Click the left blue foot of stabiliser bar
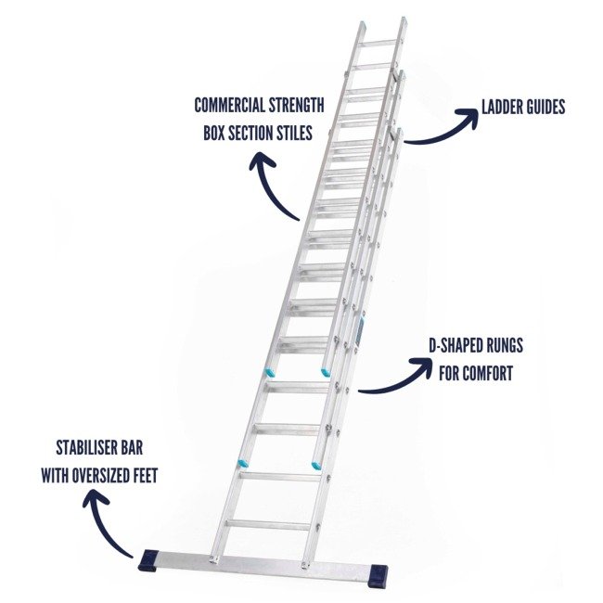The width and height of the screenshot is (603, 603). [x=148, y=562]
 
